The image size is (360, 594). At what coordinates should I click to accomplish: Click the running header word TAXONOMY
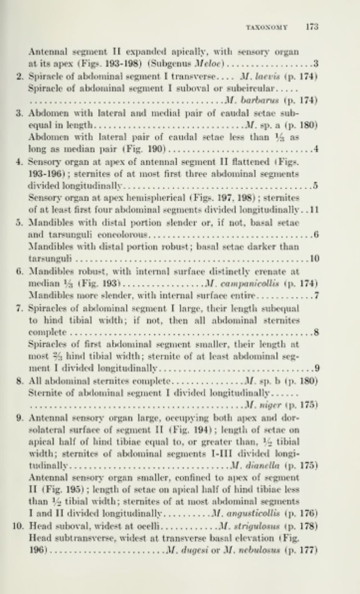267,28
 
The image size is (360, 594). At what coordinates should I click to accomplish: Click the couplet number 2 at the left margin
19,76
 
